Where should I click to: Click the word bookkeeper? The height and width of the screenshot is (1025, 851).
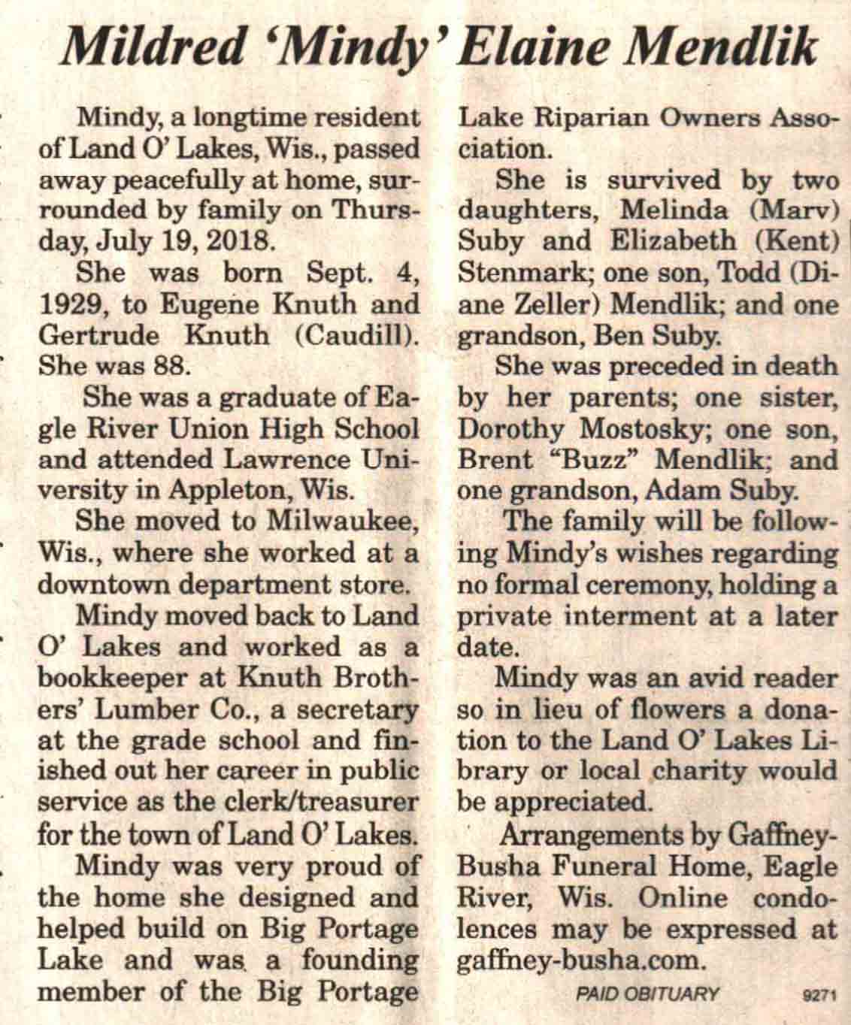tap(111, 677)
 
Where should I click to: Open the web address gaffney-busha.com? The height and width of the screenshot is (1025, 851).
tap(579, 960)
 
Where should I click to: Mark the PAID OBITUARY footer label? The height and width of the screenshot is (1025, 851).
tap(647, 993)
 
